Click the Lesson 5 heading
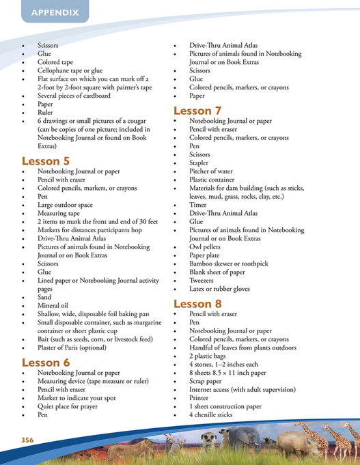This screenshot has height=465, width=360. point(46,160)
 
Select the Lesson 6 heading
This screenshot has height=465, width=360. point(46,362)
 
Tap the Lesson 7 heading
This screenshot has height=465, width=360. point(197,111)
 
